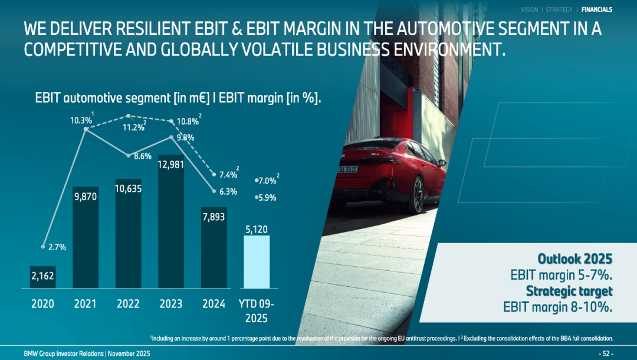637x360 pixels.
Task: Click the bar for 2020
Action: pos(43,277)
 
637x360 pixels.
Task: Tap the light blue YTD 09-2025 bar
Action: pos(257,262)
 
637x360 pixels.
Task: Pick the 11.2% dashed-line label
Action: pos(133,127)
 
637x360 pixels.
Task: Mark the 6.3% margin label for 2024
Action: pos(228,191)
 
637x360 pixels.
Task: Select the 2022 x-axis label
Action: pos(128,304)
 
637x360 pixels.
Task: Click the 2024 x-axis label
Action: pos(214,304)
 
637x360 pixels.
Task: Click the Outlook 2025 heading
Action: pos(574,259)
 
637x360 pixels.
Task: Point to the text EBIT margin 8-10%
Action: pos(557,307)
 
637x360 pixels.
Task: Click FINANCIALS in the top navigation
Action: pos(596,9)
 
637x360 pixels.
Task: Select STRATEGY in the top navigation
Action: pos(559,9)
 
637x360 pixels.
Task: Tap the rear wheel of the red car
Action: pos(418,194)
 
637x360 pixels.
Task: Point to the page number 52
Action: pos(606,354)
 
